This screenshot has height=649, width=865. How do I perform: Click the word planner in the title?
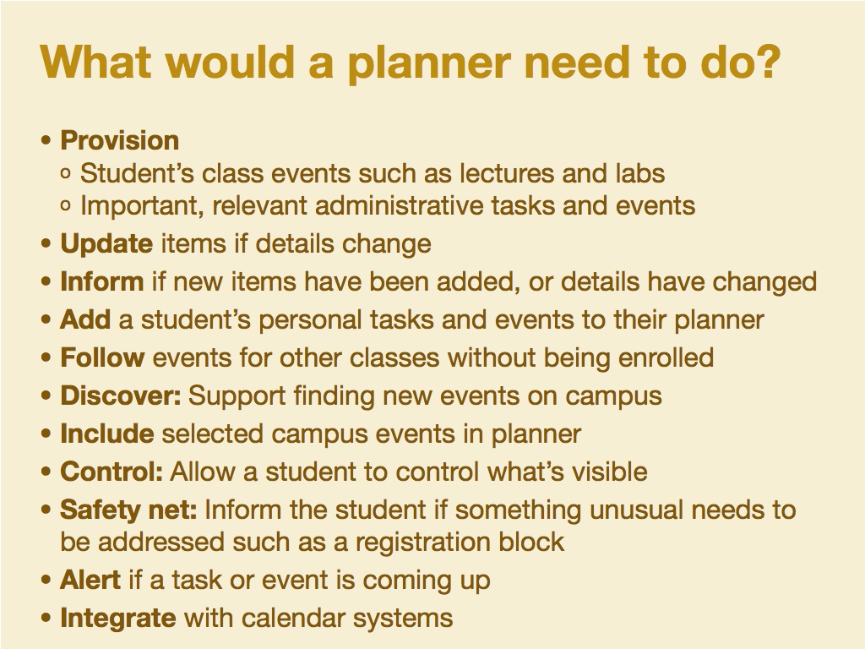click(x=428, y=63)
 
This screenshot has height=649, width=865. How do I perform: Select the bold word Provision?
click(x=120, y=140)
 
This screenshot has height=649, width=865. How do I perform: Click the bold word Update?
click(x=106, y=244)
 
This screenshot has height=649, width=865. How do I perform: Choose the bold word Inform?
click(x=102, y=281)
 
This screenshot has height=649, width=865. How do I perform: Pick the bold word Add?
click(x=85, y=319)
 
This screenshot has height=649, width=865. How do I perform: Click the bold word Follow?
click(x=102, y=357)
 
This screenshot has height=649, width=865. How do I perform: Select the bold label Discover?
click(x=121, y=395)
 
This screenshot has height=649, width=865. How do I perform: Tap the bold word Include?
click(x=107, y=434)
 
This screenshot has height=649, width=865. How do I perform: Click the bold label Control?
click(x=112, y=472)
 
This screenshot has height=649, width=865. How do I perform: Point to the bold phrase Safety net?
click(x=128, y=510)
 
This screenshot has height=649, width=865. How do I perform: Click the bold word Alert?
click(x=90, y=580)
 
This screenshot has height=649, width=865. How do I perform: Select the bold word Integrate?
click(x=118, y=618)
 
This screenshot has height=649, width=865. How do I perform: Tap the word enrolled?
click(x=666, y=357)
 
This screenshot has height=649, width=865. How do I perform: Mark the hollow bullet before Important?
click(x=66, y=206)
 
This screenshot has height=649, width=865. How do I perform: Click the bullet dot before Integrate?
click(x=46, y=618)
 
